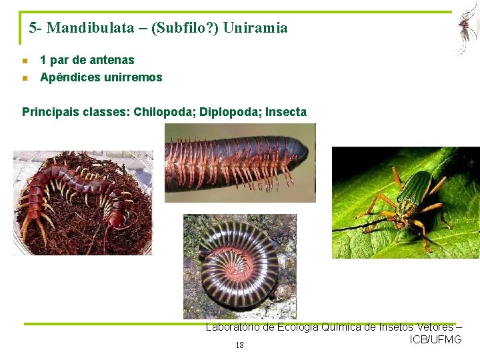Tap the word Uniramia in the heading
(255, 28)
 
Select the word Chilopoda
(161, 112)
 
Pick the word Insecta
(286, 112)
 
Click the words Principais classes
(75, 112)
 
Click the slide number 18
(239, 345)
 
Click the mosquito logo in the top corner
(465, 29)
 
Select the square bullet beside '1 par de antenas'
(25, 61)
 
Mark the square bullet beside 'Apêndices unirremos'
(25, 78)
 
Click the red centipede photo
(83, 203)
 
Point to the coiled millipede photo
(240, 267)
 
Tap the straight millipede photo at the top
(240, 163)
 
